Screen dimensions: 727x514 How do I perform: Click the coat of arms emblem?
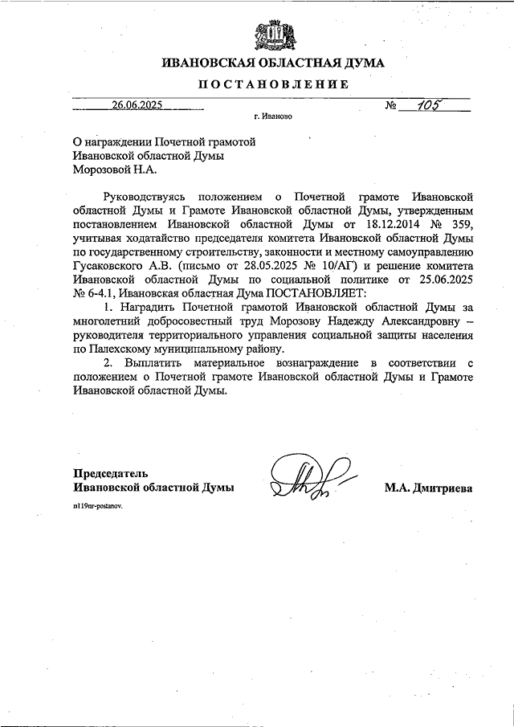[x=272, y=35]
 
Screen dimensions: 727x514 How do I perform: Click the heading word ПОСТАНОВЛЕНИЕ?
[x=272, y=84]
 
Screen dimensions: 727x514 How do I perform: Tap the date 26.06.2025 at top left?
[x=137, y=104]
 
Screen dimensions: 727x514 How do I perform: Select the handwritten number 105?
[x=424, y=104]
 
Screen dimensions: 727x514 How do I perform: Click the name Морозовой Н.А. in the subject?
[x=116, y=169]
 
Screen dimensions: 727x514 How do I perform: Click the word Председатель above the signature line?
[x=111, y=473]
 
